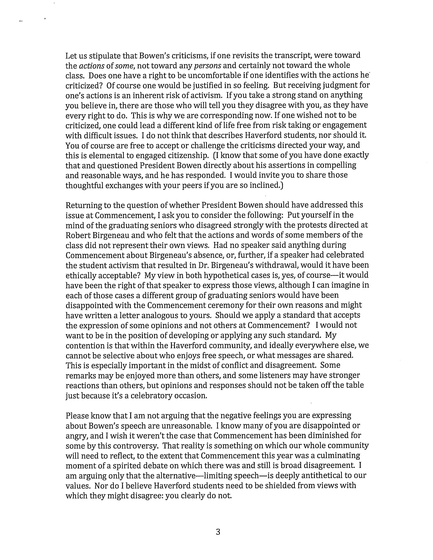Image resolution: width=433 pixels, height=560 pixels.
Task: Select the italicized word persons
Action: [208, 66]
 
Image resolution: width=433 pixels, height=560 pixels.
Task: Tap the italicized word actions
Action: [92, 66]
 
